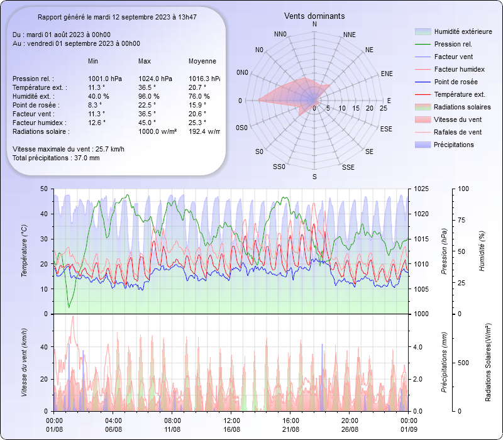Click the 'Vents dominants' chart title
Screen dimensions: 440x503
point(314,16)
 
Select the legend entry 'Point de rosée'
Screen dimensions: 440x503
point(455,82)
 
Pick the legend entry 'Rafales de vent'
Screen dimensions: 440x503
point(458,132)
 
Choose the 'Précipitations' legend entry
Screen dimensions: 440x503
point(454,145)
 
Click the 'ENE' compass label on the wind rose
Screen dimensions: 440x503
point(387,74)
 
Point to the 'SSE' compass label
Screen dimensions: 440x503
point(348,168)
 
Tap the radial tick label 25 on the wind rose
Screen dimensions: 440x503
point(384,109)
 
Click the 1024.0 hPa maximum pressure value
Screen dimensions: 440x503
point(155,79)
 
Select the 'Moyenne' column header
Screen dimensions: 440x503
point(202,61)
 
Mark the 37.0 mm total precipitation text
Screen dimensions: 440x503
point(55,158)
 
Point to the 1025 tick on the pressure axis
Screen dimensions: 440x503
point(422,189)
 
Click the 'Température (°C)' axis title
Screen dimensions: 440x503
point(24,251)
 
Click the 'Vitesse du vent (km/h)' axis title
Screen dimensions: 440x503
point(24,362)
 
